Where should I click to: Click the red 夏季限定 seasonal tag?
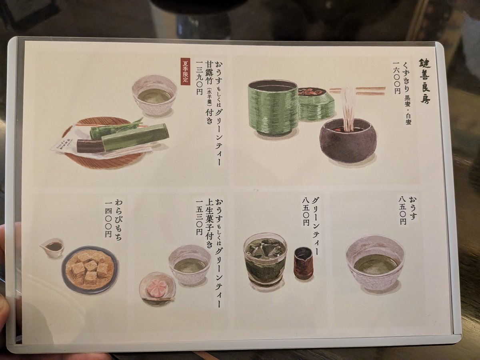[185, 72]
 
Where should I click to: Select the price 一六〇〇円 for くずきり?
[396, 78]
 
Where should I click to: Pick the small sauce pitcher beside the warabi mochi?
[53, 247]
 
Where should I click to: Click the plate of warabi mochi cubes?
[90, 269]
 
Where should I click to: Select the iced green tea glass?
[265, 259]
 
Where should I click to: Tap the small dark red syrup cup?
[303, 262]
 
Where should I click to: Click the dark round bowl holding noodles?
[348, 140]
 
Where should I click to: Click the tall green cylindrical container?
[273, 107]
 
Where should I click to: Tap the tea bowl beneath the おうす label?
[375, 262]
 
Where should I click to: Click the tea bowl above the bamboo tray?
[154, 95]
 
